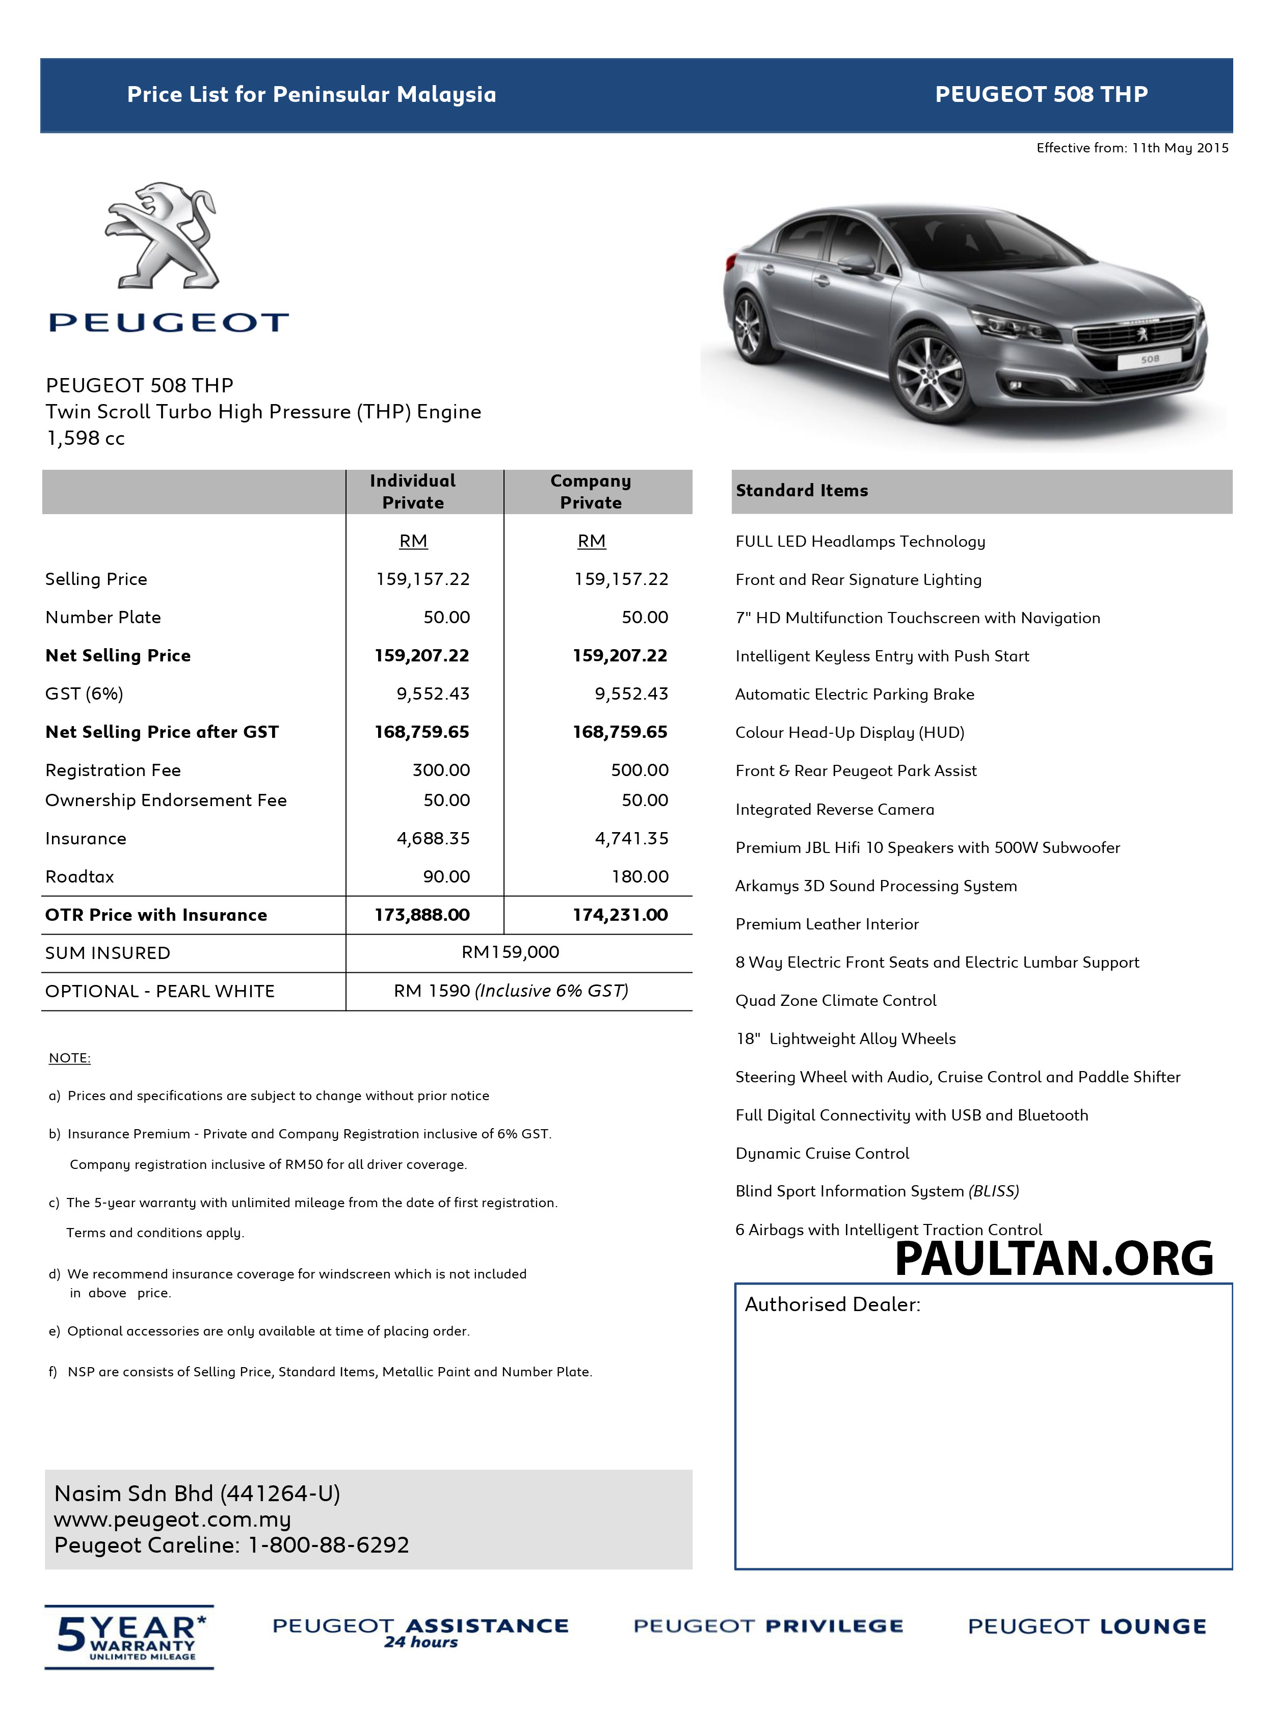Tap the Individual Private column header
pyautogui.click(x=413, y=491)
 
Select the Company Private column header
pyautogui.click(x=591, y=491)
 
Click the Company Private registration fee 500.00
pyautogui.click(x=640, y=770)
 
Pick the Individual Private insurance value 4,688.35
pyautogui.click(x=433, y=838)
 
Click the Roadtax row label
pyautogui.click(x=79, y=876)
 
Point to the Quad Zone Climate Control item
pyautogui.click(x=836, y=1001)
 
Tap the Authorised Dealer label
pyautogui.click(x=832, y=1304)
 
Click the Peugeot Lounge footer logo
pyautogui.click(x=1086, y=1627)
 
